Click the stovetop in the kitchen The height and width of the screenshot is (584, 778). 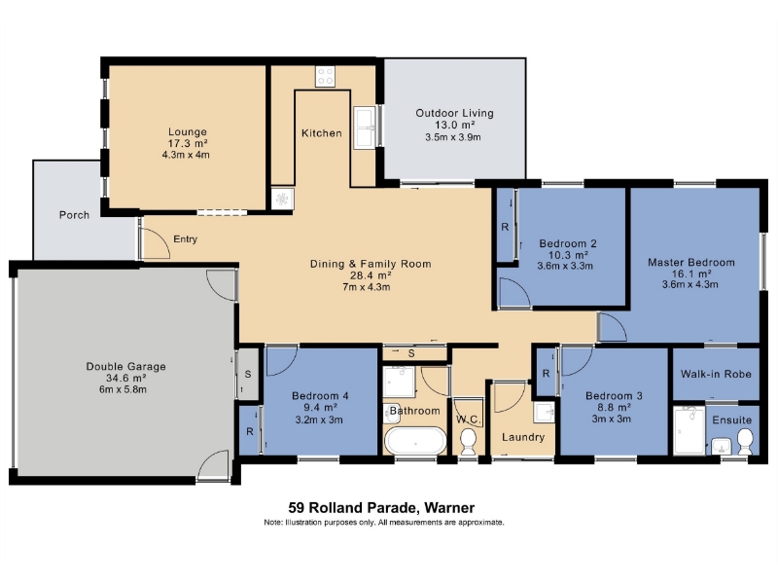326,77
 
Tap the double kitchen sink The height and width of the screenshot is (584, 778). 366,128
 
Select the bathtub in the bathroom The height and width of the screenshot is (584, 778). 416,441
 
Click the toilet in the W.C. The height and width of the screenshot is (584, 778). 469,442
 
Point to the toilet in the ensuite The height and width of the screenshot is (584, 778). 745,442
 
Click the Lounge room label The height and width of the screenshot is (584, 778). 188,131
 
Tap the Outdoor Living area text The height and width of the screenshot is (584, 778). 454,113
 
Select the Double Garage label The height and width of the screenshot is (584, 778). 126,367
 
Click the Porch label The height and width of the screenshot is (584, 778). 75,215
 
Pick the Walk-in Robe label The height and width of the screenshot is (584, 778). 716,374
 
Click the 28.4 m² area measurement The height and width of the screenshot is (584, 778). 371,275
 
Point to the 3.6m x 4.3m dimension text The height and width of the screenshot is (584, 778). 690,284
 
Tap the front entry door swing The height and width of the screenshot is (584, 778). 155,243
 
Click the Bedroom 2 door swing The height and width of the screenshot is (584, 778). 514,293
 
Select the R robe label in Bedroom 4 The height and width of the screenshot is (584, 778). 250,431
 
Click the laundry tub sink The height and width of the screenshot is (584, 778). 544,412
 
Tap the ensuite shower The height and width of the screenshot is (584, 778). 690,430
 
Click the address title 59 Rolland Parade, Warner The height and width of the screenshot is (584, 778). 381,507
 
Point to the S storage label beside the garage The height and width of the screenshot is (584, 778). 248,374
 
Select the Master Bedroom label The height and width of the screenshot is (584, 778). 691,262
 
